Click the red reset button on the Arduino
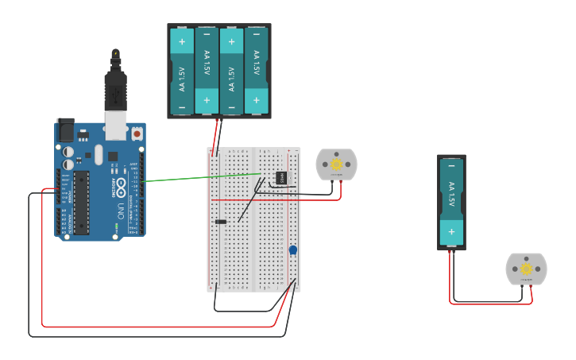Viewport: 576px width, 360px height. point(137,134)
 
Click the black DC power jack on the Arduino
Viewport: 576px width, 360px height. point(65,129)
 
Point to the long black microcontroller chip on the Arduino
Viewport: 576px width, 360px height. point(82,202)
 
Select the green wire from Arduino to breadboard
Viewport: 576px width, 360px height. point(199,177)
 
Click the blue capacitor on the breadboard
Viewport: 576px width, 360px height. point(293,250)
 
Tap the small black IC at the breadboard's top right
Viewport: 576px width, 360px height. point(280,176)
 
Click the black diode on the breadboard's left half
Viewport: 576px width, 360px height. point(221,221)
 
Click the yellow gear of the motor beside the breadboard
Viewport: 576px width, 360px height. point(336,165)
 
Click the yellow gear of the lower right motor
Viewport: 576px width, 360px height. point(526,269)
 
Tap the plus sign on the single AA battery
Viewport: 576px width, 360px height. point(451,233)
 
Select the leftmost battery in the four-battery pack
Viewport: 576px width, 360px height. point(182,72)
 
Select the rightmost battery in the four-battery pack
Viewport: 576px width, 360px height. point(256,72)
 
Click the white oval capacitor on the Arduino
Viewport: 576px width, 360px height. point(69,150)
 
